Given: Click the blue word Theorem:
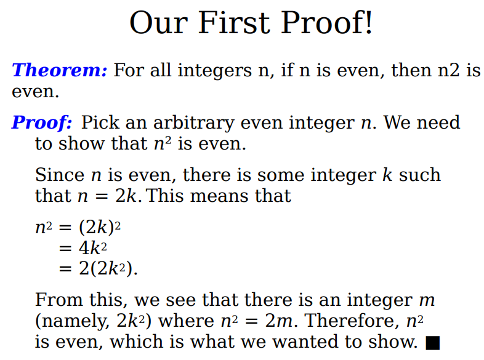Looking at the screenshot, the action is click(x=60, y=70).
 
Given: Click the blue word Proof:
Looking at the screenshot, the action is click(x=42, y=122).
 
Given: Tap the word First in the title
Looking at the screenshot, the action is click(x=234, y=23).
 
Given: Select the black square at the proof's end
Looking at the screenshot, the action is click(x=432, y=343).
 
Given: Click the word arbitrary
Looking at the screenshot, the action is click(x=193, y=122).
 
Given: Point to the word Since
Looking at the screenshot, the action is click(x=60, y=175).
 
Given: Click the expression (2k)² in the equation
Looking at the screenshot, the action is click(x=100, y=228).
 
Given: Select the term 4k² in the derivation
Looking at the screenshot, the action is click(x=93, y=248).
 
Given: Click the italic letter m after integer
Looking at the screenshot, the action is click(x=427, y=300).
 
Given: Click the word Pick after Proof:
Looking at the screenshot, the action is click(x=100, y=122).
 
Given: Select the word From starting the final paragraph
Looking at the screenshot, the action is click(x=59, y=300).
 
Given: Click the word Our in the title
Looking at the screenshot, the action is click(x=159, y=23).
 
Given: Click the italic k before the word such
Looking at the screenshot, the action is click(x=387, y=175).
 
